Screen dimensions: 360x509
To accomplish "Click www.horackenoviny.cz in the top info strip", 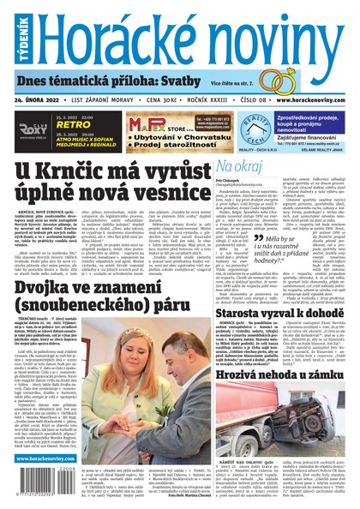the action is pos(305,100).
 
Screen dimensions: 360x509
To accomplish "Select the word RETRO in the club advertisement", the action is pos(71,123).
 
